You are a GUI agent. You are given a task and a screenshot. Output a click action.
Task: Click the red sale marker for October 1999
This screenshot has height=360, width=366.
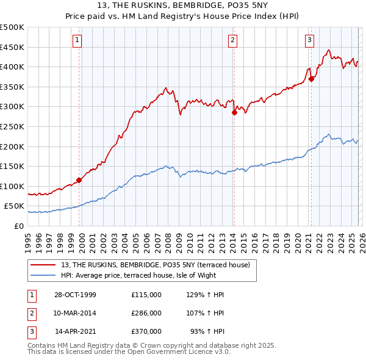[x=79, y=180]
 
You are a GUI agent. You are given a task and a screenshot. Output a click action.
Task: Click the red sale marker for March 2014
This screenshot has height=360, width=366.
[x=234, y=112]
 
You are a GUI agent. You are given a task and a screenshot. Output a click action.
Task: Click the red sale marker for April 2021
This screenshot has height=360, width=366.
[x=311, y=79]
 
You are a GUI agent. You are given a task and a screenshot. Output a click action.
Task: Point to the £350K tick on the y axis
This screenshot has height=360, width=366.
[x=12, y=87]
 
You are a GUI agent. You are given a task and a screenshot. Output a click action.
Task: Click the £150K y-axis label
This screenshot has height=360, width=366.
[x=12, y=166]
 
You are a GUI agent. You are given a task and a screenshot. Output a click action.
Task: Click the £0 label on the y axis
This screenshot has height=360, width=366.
[x=20, y=226]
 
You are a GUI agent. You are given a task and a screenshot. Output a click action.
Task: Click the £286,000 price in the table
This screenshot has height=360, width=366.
[x=146, y=313]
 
